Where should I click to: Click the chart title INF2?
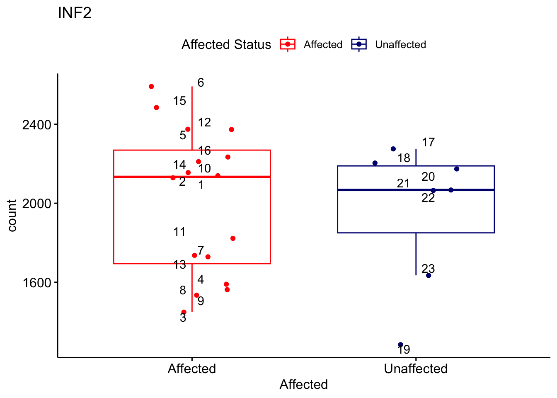[x=75, y=13]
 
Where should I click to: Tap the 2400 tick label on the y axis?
[x=36, y=125]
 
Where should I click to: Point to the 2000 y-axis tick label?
[x=36, y=204]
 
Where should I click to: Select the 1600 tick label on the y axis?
[x=36, y=283]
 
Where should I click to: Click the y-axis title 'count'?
[x=12, y=216]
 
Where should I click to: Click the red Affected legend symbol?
[x=288, y=44]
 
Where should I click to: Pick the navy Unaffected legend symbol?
[x=359, y=44]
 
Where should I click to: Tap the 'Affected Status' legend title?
[x=226, y=44]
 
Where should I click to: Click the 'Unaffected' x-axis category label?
[x=416, y=369]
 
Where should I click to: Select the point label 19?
[x=404, y=349]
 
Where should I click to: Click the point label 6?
[x=201, y=83]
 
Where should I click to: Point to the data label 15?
[x=179, y=101]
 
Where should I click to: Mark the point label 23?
[x=428, y=269]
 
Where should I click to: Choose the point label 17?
[x=428, y=142]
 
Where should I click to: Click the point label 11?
[x=179, y=232]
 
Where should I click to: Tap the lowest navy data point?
[x=401, y=345]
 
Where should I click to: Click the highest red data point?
[x=151, y=87]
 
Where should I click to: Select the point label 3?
[x=183, y=318]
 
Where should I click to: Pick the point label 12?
[x=204, y=122]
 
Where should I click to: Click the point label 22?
[x=428, y=198]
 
